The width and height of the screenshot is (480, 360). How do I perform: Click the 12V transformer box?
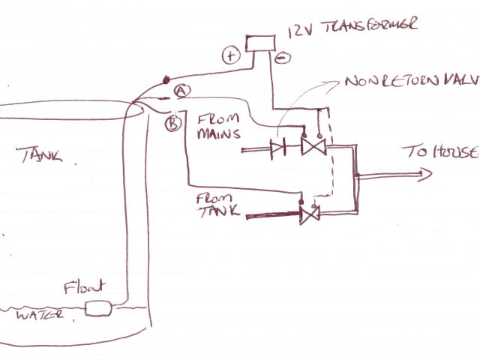261,42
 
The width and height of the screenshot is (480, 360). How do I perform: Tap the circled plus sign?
229,54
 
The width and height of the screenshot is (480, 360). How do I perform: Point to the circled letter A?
181,91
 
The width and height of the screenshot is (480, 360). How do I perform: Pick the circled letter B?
172,123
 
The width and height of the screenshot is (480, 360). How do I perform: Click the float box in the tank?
99,307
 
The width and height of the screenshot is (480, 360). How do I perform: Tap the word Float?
84,286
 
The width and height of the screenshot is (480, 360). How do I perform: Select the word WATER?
35,316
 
